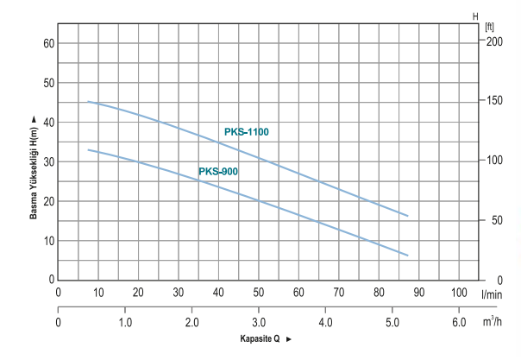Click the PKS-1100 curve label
coord(247,132)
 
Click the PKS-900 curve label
coord(218,172)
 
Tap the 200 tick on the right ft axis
coord(493,41)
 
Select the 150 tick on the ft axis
coord(493,101)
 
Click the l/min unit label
coord(493,294)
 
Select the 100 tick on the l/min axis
coord(459,293)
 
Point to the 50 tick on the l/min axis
coord(258,293)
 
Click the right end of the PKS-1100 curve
coord(407,216)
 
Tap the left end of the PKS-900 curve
coord(88,149)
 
